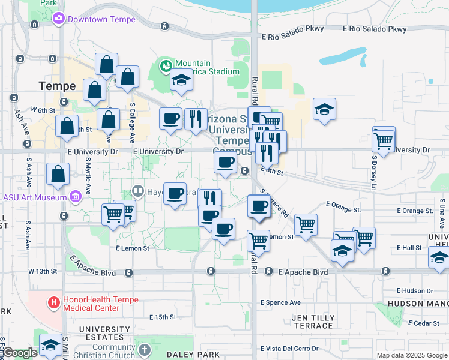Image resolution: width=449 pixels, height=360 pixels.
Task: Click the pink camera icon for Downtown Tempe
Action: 59,19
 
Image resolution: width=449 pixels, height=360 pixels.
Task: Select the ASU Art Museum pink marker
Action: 75,197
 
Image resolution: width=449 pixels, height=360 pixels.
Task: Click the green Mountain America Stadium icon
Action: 166,64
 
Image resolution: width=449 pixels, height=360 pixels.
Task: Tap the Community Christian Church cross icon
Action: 144,350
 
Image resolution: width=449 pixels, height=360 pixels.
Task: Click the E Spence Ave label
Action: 280,302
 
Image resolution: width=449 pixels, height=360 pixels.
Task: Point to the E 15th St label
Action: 162,317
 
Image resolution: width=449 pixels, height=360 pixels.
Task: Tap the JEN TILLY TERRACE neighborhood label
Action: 312,322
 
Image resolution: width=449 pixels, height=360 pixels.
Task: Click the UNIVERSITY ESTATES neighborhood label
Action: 104,334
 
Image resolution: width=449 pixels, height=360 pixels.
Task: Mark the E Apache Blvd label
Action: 303,272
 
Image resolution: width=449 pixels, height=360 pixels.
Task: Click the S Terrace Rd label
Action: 274,203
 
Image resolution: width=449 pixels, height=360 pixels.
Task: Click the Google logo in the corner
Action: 20,353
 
